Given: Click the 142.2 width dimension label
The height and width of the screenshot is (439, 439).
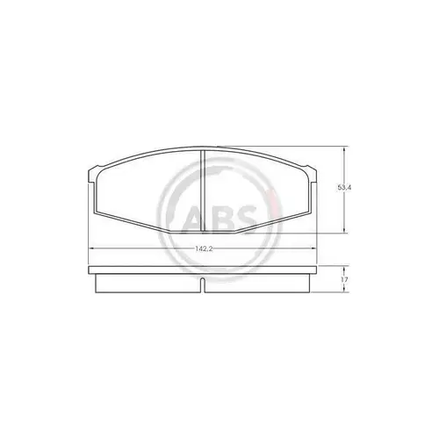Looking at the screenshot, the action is pyautogui.click(x=204, y=248).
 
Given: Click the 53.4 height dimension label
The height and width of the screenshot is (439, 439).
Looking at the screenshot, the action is pyautogui.click(x=344, y=188).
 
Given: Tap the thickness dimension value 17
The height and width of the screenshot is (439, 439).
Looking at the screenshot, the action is pyautogui.click(x=344, y=280).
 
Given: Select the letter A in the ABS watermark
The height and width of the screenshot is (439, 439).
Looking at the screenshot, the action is pyautogui.click(x=194, y=219).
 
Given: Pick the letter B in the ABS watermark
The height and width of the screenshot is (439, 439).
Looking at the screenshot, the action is pyautogui.click(x=220, y=219).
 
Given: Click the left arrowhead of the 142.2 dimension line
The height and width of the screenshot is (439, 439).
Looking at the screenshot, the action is pyautogui.click(x=91, y=248).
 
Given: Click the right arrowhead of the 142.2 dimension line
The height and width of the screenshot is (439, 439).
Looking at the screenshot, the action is pyautogui.click(x=313, y=248).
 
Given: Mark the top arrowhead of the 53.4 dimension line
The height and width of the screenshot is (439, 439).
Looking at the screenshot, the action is pyautogui.click(x=344, y=149).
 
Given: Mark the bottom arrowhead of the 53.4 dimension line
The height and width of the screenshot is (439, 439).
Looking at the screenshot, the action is pyautogui.click(x=344, y=230).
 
